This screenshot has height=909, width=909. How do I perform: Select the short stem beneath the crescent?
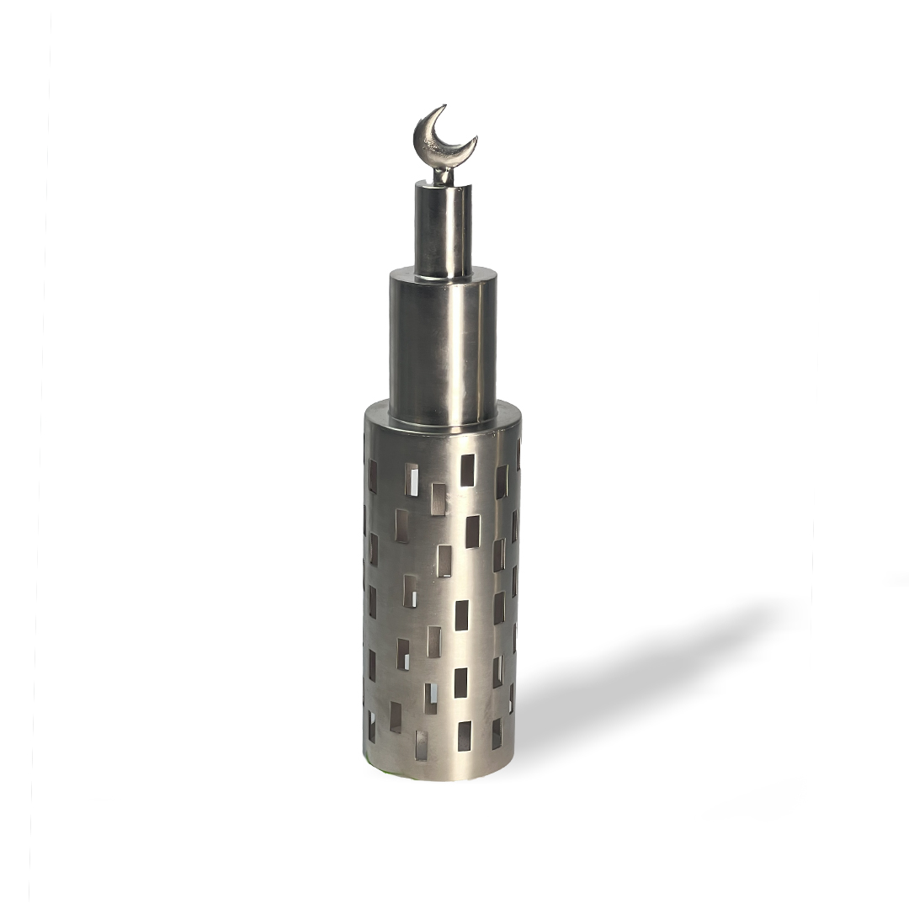(443, 176)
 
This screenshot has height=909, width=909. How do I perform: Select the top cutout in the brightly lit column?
(467, 470)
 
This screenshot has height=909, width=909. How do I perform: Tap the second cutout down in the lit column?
(472, 531)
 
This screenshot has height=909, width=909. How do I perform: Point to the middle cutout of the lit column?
(462, 614)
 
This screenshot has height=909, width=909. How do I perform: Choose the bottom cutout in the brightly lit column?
(464, 736)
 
